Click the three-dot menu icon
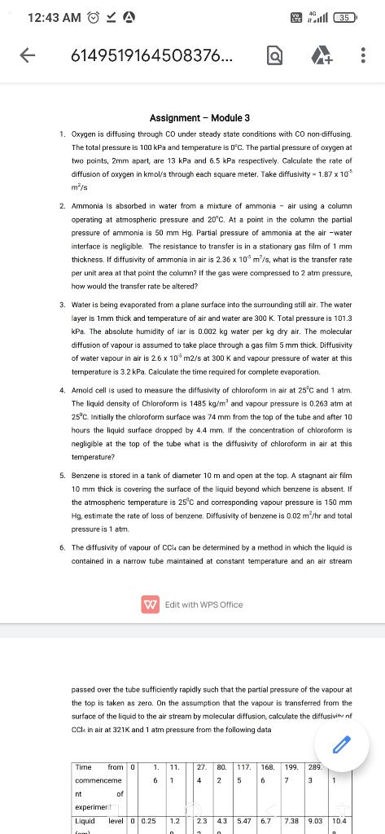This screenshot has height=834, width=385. click(363, 55)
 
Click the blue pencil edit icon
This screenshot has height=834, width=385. click(341, 743)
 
